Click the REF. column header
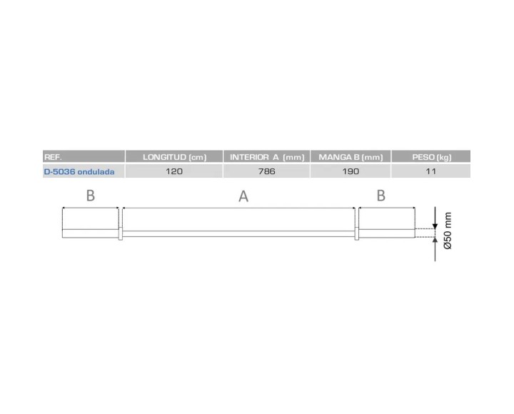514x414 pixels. (53, 156)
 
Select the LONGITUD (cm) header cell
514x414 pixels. (174, 156)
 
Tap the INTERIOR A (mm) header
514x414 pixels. (266, 156)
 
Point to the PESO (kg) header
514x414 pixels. (432, 156)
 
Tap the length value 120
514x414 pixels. (174, 172)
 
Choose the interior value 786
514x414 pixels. (266, 172)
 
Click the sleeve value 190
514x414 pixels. (350, 172)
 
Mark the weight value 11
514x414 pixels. (432, 172)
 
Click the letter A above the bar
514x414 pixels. (243, 198)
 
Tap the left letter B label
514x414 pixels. (90, 196)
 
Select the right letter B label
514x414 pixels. (381, 196)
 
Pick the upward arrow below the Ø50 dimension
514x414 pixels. (433, 241)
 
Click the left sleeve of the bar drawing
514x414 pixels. (90, 223)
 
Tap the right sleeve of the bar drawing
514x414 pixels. (386, 223)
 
